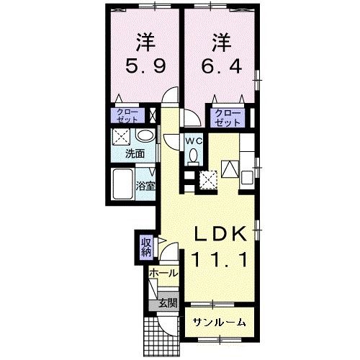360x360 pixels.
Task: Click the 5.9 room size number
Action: (145, 66)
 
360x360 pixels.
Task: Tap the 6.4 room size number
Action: (221, 66)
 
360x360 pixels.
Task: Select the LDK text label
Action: (220, 233)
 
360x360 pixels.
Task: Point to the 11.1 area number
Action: (220, 260)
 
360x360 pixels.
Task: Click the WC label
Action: (194, 142)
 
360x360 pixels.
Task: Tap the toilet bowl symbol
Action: (194, 156)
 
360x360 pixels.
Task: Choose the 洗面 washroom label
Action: (135, 153)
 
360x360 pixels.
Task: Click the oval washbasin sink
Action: (145, 136)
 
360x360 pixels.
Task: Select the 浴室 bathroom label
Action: (145, 186)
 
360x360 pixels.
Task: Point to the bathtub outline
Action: (123, 184)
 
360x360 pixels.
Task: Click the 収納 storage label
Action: (147, 248)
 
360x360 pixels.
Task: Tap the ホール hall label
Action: (164, 273)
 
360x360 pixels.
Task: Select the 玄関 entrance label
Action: (168, 303)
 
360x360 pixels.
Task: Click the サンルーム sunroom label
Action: (220, 323)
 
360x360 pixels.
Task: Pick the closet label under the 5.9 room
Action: (127, 116)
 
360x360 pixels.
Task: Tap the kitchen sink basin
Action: (247, 177)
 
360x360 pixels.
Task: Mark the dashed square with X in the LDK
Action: (208, 180)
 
